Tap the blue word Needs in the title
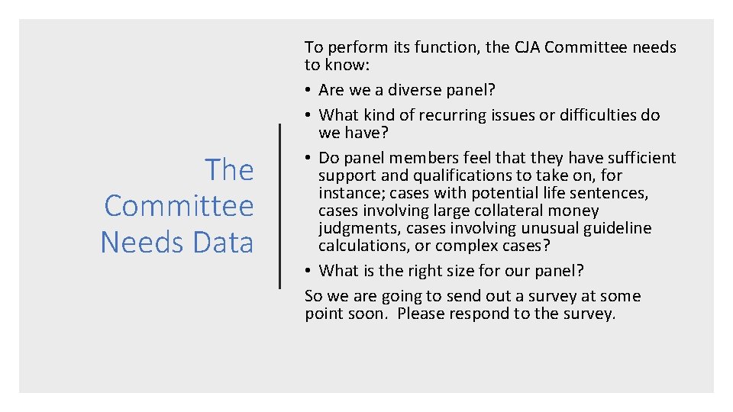point(134,243)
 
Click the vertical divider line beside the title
point(280,206)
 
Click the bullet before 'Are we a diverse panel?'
point(308,90)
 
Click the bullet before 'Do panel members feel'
point(308,158)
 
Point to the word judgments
point(359,228)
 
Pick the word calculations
point(362,246)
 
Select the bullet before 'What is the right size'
point(308,271)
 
